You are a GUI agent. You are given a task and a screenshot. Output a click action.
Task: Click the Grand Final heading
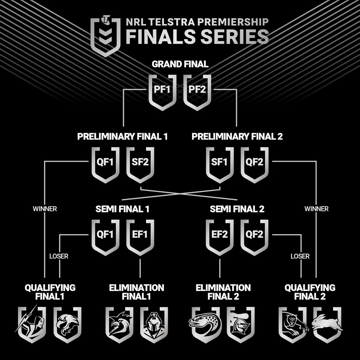point(180,64)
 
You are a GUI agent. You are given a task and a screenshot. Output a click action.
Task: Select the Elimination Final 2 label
point(223,292)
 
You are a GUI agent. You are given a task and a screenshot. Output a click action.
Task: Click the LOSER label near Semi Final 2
point(300,256)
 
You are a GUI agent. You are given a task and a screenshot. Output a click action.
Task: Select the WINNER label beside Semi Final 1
point(45,209)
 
